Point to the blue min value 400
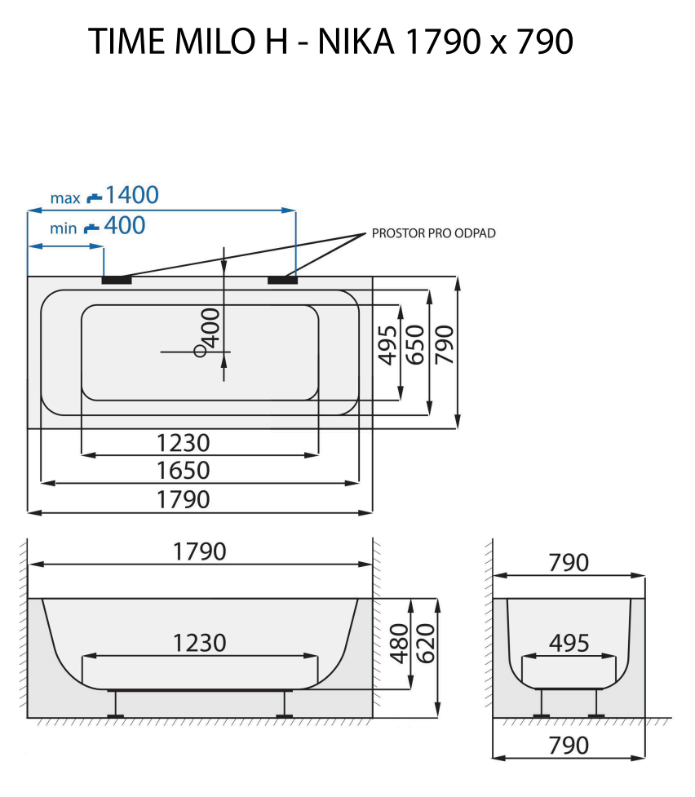pos(125,225)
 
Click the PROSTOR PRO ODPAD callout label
pos(433,233)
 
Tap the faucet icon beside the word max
pos(95,197)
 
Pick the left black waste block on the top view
pos(117,280)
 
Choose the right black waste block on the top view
pos(282,280)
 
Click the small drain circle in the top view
pos(200,351)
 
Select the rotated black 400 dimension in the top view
pos(210,328)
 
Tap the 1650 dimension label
pos(184,471)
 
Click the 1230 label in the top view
pos(184,443)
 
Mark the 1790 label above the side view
pos(199,551)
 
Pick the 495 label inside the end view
pos(569,643)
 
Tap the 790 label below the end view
pos(569,746)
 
